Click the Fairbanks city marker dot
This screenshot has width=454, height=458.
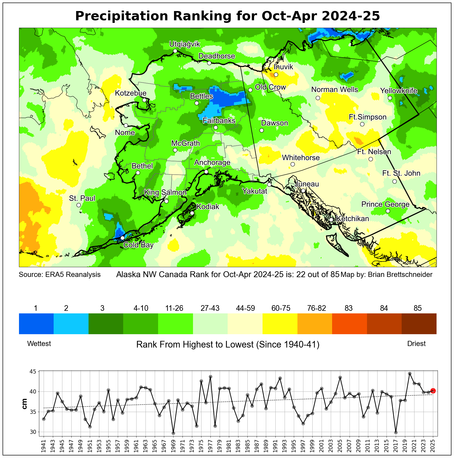(216, 127)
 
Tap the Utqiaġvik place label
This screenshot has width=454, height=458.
(185, 44)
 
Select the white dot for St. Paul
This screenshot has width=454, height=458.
(79, 205)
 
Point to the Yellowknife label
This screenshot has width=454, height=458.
(399, 91)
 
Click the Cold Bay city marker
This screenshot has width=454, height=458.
(122, 238)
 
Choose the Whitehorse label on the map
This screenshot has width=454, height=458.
(301, 157)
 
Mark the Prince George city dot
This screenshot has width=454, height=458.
(388, 211)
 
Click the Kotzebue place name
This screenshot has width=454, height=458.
(131, 93)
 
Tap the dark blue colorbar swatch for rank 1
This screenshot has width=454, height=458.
(36, 323)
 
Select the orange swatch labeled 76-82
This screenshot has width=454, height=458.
(315, 323)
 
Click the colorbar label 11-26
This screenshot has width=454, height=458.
(174, 308)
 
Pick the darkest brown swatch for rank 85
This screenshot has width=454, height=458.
(419, 323)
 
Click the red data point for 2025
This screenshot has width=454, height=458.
(433, 391)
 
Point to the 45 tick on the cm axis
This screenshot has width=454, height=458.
(34, 371)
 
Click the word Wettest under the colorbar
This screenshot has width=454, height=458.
(39, 344)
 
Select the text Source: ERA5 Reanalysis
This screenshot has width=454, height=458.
(60, 275)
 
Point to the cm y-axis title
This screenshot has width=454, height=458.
(25, 404)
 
